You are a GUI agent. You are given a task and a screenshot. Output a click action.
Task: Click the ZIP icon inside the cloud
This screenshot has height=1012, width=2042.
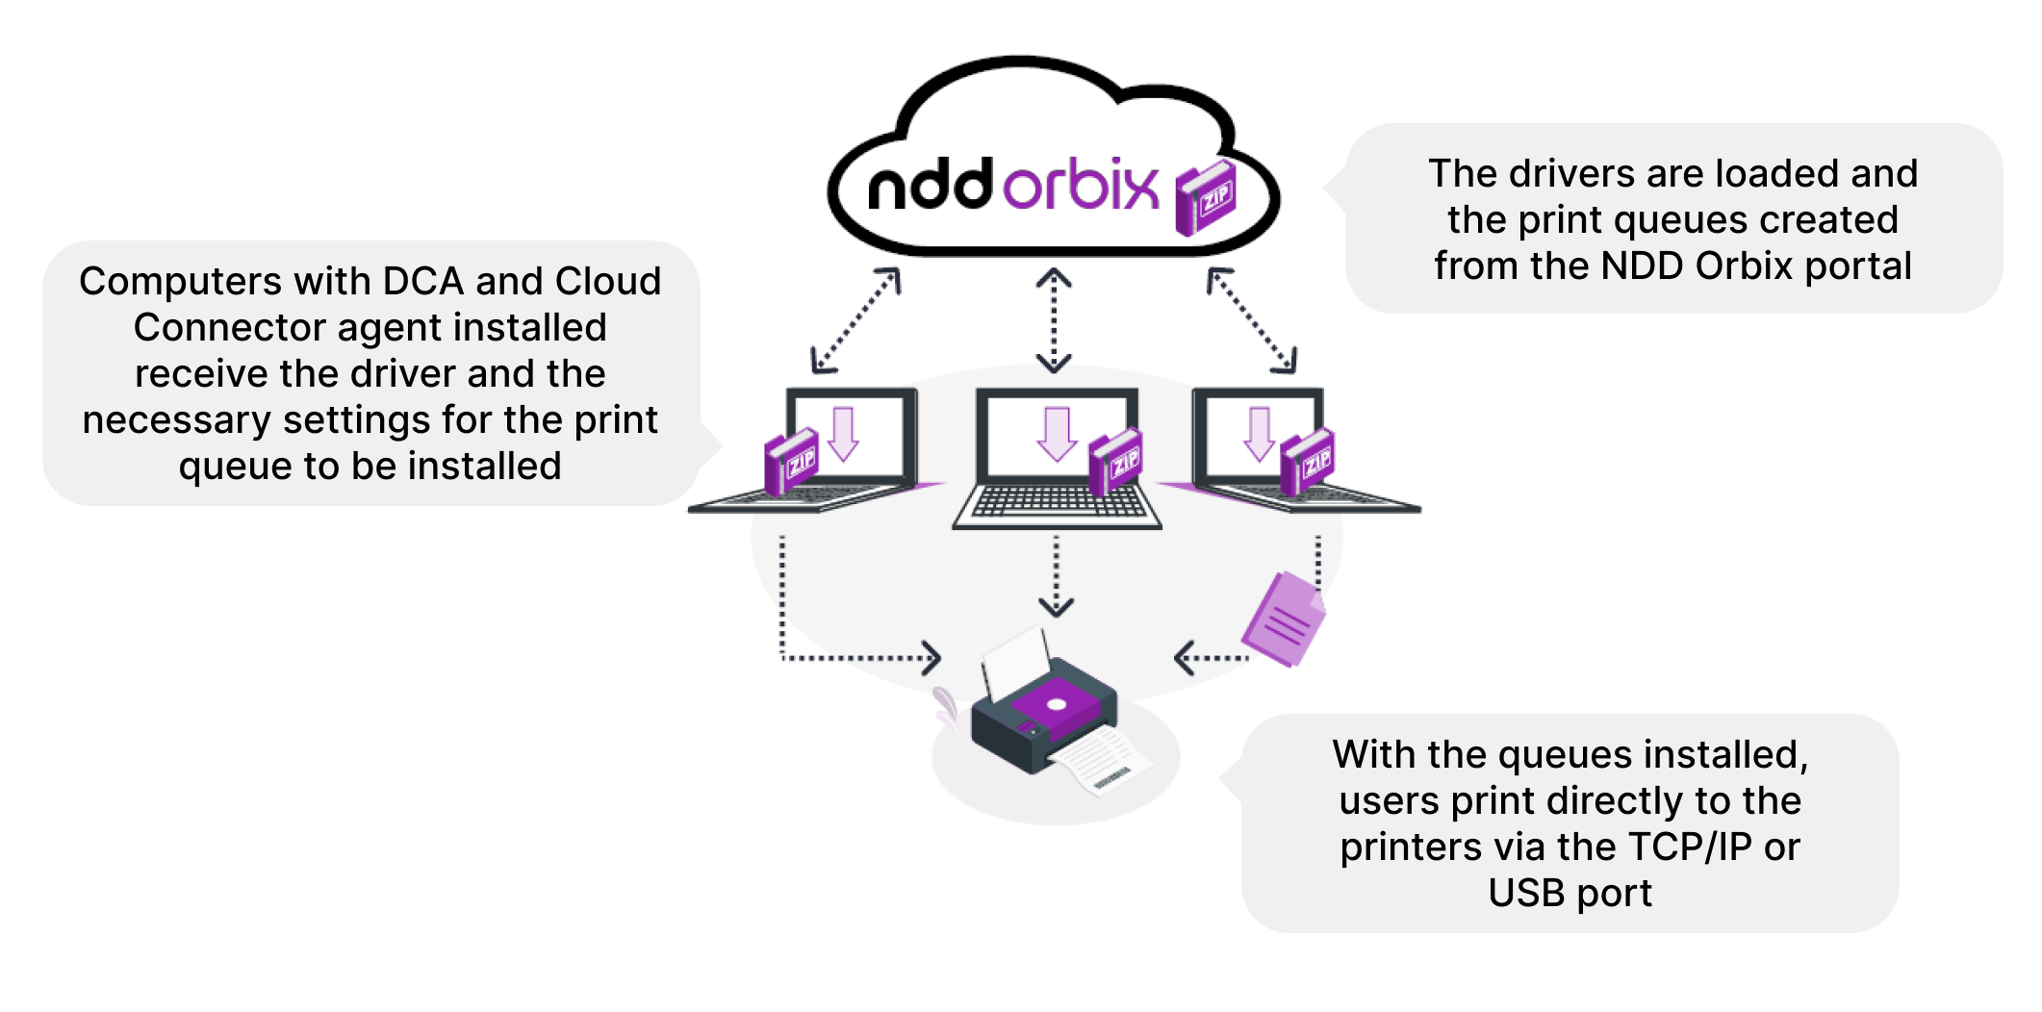pyautogui.click(x=1207, y=198)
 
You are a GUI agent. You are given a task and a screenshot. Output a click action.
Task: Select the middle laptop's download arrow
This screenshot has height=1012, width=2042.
pyautogui.click(x=1057, y=434)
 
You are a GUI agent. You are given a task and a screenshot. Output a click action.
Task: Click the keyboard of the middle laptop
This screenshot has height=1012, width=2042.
pyautogui.click(x=1057, y=501)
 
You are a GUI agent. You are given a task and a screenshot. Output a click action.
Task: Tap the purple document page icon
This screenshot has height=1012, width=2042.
pyautogui.click(x=1283, y=620)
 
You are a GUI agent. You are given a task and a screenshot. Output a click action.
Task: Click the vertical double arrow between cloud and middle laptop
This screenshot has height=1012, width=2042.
pyautogui.click(x=1055, y=320)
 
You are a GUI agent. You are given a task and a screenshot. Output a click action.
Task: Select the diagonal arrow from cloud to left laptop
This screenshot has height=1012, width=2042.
pyautogui.click(x=856, y=320)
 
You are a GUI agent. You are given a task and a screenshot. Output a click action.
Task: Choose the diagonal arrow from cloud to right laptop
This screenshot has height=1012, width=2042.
pyautogui.click(x=1252, y=320)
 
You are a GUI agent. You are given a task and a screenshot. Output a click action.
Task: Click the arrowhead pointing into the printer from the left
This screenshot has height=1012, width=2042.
pyautogui.click(x=931, y=658)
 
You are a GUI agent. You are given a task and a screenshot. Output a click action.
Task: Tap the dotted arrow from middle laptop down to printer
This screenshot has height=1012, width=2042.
pyautogui.click(x=1056, y=575)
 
